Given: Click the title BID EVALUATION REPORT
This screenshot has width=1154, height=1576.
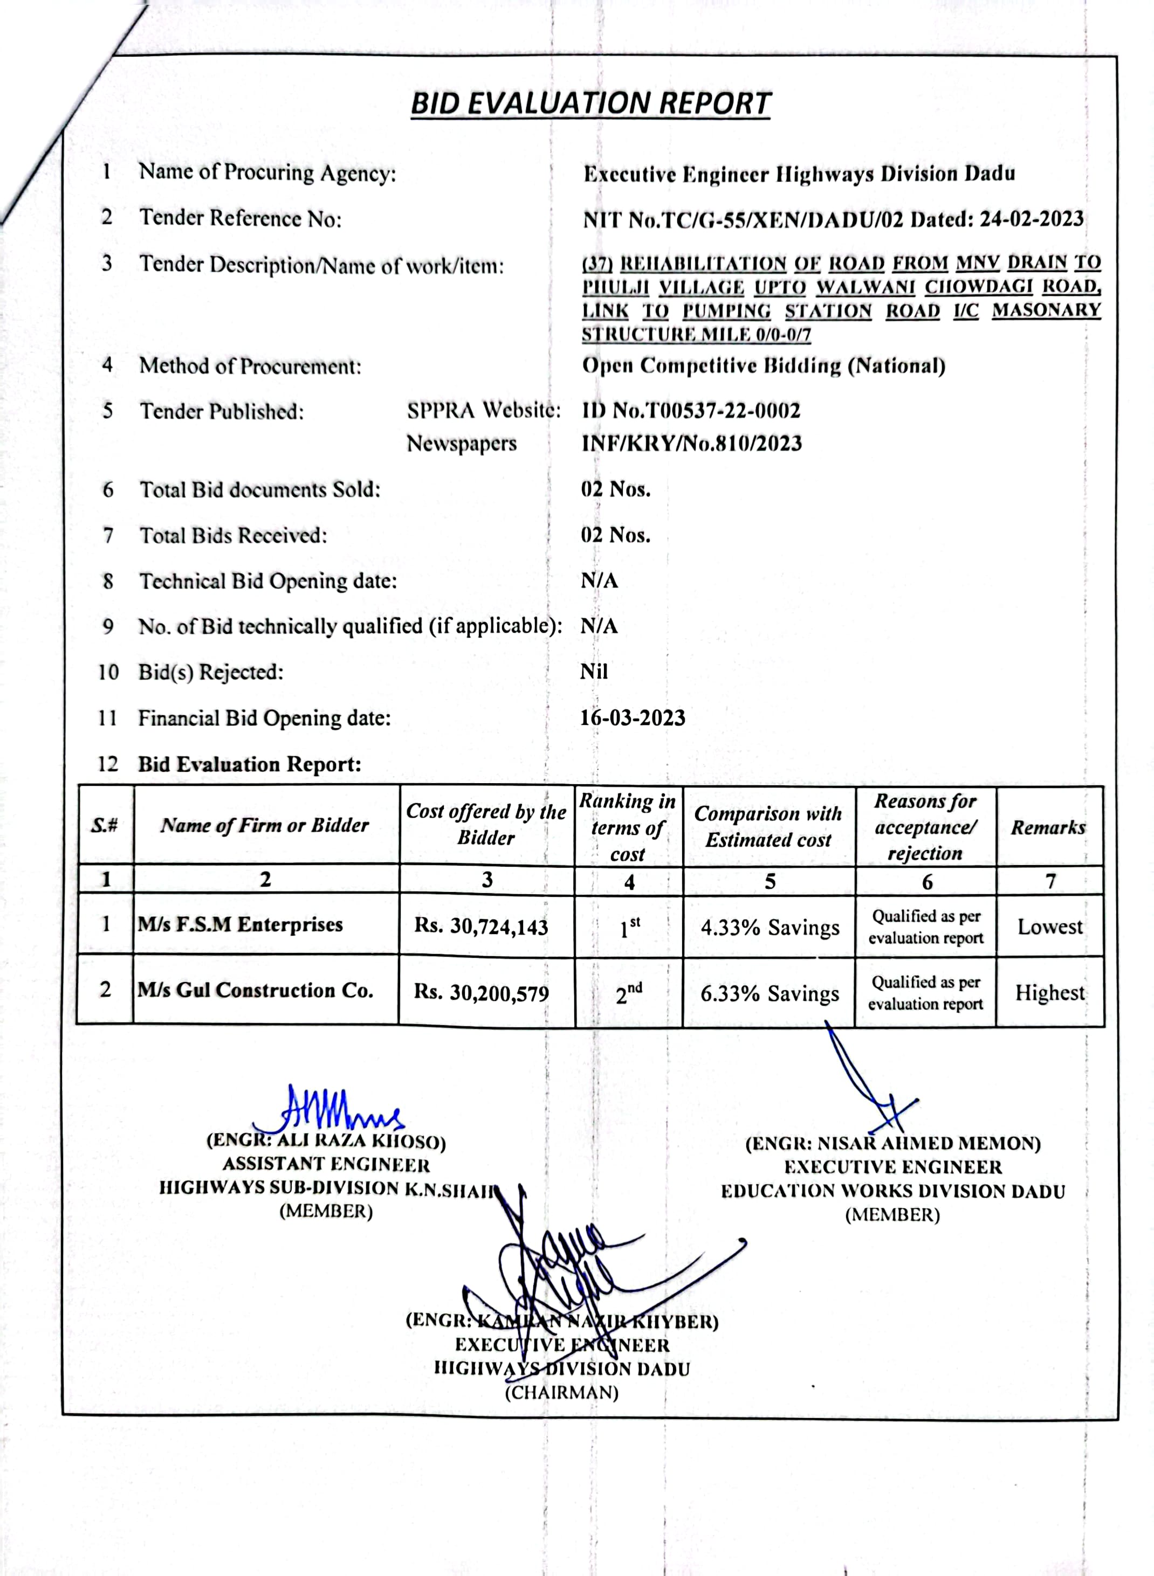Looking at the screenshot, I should click(x=590, y=104).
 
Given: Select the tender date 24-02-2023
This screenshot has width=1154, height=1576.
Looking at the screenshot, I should click(x=1031, y=219).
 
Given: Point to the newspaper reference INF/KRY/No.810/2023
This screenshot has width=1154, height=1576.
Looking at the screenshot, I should click(x=691, y=444).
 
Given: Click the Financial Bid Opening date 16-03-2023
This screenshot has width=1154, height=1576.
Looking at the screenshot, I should click(x=632, y=718).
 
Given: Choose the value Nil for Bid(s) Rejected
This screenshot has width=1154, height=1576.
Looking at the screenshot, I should click(x=594, y=672).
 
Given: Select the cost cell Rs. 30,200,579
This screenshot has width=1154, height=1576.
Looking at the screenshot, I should click(x=482, y=992).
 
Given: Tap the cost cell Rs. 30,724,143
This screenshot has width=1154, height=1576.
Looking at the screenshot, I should click(x=482, y=927).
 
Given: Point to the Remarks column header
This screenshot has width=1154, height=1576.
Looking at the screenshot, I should click(x=1048, y=827).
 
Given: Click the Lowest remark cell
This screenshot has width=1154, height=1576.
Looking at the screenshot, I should click(x=1049, y=927).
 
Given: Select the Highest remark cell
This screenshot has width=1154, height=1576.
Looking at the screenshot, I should click(x=1049, y=992).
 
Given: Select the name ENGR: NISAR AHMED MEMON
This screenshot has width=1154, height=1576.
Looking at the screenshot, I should click(x=893, y=1144).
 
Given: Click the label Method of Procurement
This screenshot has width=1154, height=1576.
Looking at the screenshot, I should click(x=250, y=366).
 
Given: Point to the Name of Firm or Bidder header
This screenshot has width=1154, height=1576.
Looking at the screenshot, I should click(x=265, y=825).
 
